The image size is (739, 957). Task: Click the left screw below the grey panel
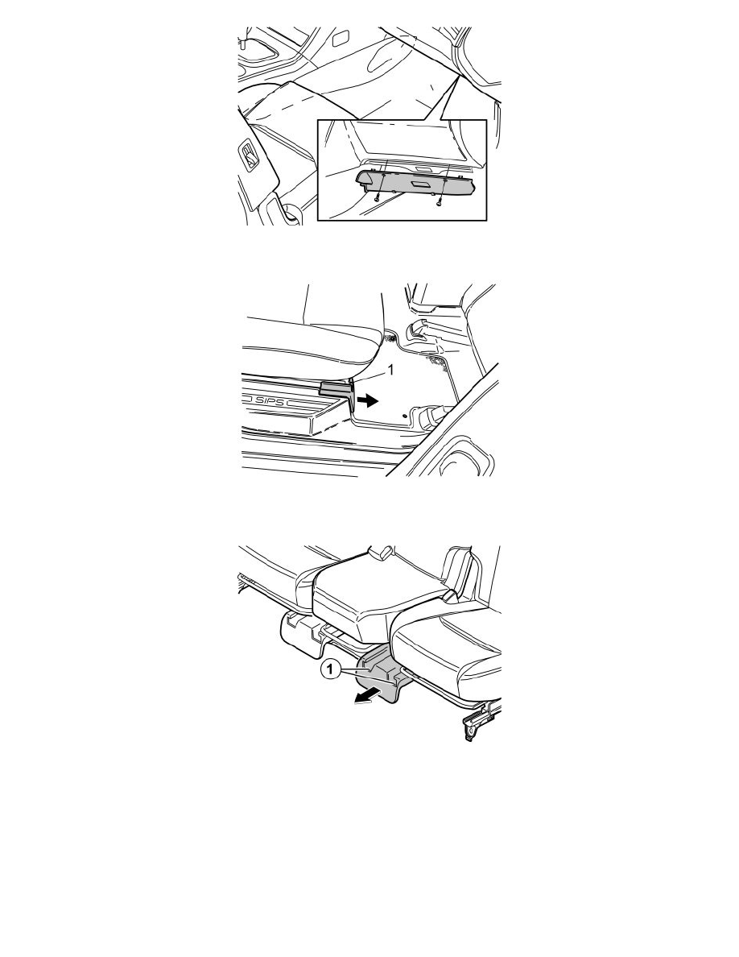point(377,197)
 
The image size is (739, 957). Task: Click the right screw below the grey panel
point(439,203)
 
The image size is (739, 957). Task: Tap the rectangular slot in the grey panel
point(420,184)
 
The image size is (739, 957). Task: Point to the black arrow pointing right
point(368,400)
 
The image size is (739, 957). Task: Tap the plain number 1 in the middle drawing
point(391,369)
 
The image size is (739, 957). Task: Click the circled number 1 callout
point(330,670)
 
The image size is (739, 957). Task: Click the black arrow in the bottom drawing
point(368,697)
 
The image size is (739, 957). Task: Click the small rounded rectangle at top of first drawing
point(339,39)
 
